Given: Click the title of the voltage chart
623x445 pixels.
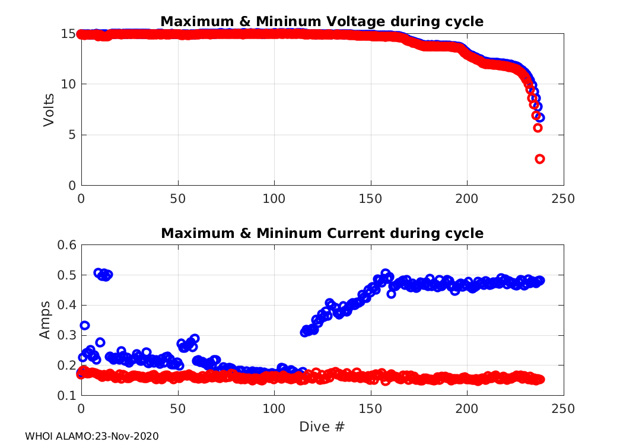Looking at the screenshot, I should point(322,22).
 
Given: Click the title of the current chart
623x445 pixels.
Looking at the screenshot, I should point(322,234).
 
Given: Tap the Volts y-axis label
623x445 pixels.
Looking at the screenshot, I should point(49,110).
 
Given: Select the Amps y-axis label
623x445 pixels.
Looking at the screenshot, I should point(46,321).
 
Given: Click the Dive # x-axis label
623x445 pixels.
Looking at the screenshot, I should point(322,427).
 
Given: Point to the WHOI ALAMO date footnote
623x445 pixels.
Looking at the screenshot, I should point(92,437).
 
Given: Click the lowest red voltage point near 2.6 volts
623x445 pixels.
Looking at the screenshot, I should point(540,159).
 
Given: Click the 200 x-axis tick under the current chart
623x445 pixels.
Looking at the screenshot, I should point(467,409).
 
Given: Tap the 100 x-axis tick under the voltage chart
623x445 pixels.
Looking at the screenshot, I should point(274,199).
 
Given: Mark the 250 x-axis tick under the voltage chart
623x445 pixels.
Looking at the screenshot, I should point(563,199).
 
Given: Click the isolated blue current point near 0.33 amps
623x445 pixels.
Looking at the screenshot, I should point(85,326).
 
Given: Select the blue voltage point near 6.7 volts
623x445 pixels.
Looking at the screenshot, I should point(539,117).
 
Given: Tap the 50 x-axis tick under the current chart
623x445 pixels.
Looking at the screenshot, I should point(178,409).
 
